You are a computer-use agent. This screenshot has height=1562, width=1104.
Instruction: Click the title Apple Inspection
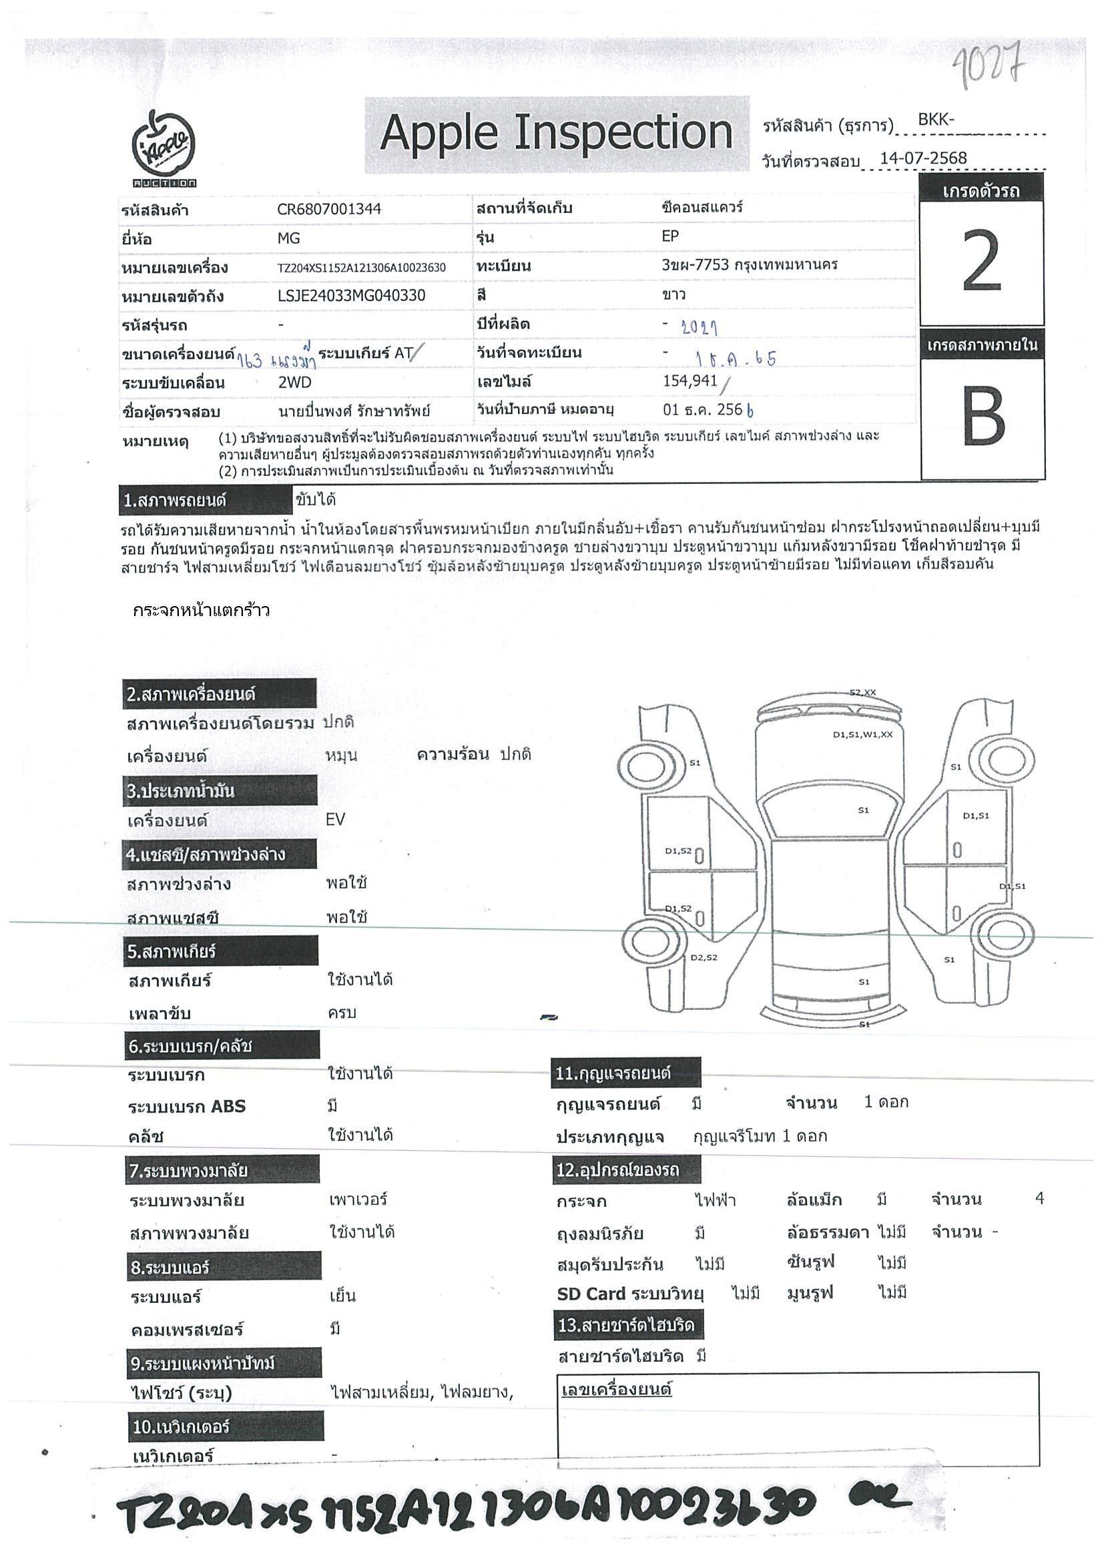pos(556,133)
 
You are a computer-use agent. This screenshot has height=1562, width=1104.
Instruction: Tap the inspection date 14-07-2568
pos(923,158)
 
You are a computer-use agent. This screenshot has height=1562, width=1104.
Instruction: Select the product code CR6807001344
pos(328,210)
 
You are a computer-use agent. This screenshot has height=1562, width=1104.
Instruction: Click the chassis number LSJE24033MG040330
pos(351,295)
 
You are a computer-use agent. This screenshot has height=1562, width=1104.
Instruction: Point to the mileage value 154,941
pos(690,381)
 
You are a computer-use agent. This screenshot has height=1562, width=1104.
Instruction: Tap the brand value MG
pos(288,239)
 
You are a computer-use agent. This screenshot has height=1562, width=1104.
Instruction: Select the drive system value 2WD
pos(294,382)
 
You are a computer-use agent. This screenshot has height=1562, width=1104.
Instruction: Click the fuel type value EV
pos(335,819)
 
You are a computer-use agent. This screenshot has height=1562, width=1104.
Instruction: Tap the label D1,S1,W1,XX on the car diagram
pos(862,735)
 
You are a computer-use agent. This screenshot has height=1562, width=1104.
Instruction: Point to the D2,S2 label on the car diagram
pos(704,958)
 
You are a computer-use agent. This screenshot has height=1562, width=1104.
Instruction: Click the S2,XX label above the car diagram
pos(862,693)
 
